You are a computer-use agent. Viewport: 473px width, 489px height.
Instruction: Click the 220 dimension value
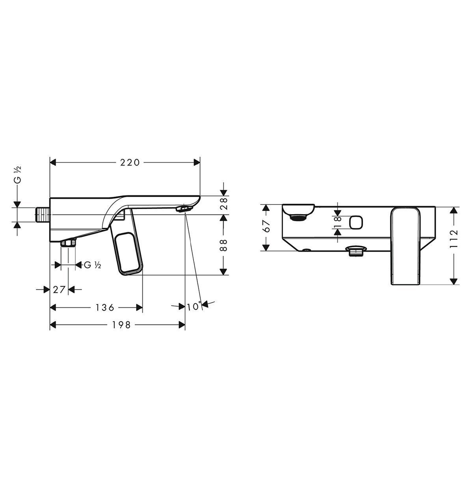click(130, 162)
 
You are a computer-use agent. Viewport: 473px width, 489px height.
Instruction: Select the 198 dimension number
click(121, 325)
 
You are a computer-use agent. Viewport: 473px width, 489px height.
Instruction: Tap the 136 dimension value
click(105, 307)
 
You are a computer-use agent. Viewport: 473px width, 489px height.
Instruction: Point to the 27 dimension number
click(59, 289)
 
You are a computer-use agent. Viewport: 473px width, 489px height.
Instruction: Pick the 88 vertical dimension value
click(223, 245)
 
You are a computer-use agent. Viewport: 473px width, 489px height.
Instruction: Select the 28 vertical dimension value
click(223, 204)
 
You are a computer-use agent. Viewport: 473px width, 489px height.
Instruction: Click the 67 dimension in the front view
click(267, 226)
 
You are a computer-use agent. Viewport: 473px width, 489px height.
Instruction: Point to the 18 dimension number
click(338, 222)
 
